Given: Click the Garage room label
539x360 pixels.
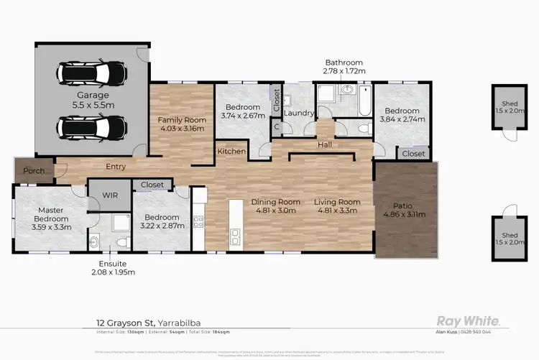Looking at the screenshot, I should [x=93, y=95].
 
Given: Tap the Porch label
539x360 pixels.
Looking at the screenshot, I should [x=34, y=171].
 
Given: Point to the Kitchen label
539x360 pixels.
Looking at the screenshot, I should [x=231, y=152].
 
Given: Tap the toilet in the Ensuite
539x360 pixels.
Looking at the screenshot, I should [x=95, y=242].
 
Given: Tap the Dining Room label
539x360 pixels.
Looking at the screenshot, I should [x=275, y=202].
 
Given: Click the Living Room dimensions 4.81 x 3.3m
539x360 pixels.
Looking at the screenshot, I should [x=336, y=212].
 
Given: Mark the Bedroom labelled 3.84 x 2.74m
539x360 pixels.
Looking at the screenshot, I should [x=402, y=114].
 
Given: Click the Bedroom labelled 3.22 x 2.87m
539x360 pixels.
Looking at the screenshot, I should [x=162, y=221].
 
